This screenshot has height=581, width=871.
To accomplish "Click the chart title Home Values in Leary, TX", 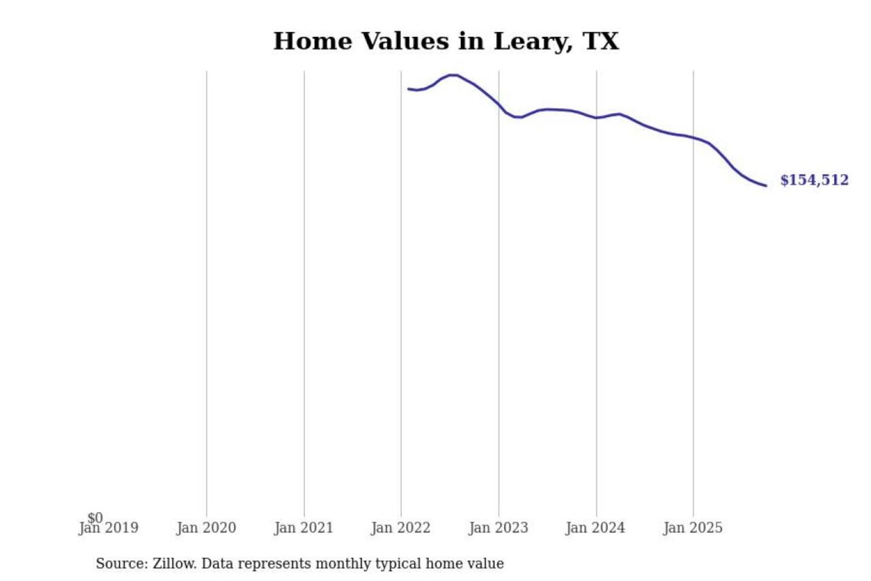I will [x=446, y=41].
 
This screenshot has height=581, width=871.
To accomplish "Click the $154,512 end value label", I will [x=814, y=180].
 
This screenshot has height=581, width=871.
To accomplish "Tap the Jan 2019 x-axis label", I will [x=109, y=528].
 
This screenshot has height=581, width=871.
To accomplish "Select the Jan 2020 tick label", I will [x=206, y=528].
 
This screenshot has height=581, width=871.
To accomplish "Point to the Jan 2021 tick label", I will [x=304, y=528].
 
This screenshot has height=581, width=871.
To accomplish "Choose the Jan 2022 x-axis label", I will [x=400, y=528].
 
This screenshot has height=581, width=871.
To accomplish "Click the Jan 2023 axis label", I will [x=498, y=528].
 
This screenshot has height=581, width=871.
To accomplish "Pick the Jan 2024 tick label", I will [x=595, y=528].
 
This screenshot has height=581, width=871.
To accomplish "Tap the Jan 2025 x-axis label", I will [x=693, y=528].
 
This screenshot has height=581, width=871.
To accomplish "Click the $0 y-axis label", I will [x=95, y=517].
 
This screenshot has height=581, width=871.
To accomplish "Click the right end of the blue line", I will [x=766, y=185].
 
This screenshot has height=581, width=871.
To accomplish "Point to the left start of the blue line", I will [x=408, y=89].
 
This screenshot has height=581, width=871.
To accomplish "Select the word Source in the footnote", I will [x=121, y=563].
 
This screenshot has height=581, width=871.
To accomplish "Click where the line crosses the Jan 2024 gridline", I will [x=596, y=118].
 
